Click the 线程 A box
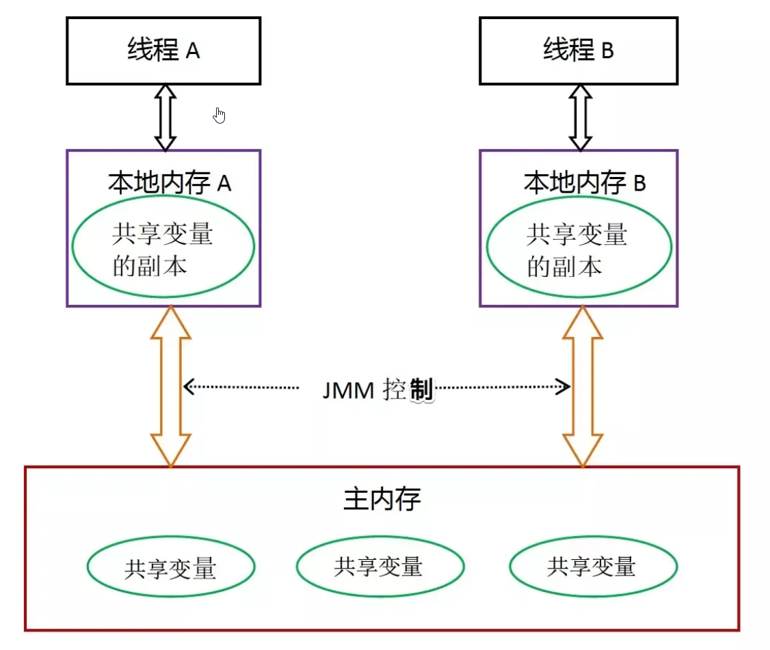pyautogui.click(x=163, y=51)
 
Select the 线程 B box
pyautogui.click(x=579, y=51)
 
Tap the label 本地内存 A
pyautogui.click(x=170, y=183)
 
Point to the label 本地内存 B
pyautogui.click(x=585, y=183)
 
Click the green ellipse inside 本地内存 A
pyautogui.click(x=163, y=247)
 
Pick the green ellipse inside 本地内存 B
pyautogui.click(x=578, y=247)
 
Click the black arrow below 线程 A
pyautogui.click(x=165, y=118)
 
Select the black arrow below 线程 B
pyautogui.click(x=581, y=118)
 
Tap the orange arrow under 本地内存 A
pyautogui.click(x=170, y=386)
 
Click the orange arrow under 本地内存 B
pyautogui.click(x=583, y=386)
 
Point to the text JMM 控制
pyautogui.click(x=377, y=390)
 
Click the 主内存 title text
pyautogui.click(x=382, y=500)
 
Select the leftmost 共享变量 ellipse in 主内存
pyautogui.click(x=171, y=567)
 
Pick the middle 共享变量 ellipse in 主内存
pyautogui.click(x=380, y=566)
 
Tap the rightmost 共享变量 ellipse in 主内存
pyautogui.click(x=593, y=566)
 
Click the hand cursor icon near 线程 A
pyautogui.click(x=220, y=116)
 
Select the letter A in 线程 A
pyautogui.click(x=192, y=52)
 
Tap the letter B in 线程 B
pyautogui.click(x=607, y=52)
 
